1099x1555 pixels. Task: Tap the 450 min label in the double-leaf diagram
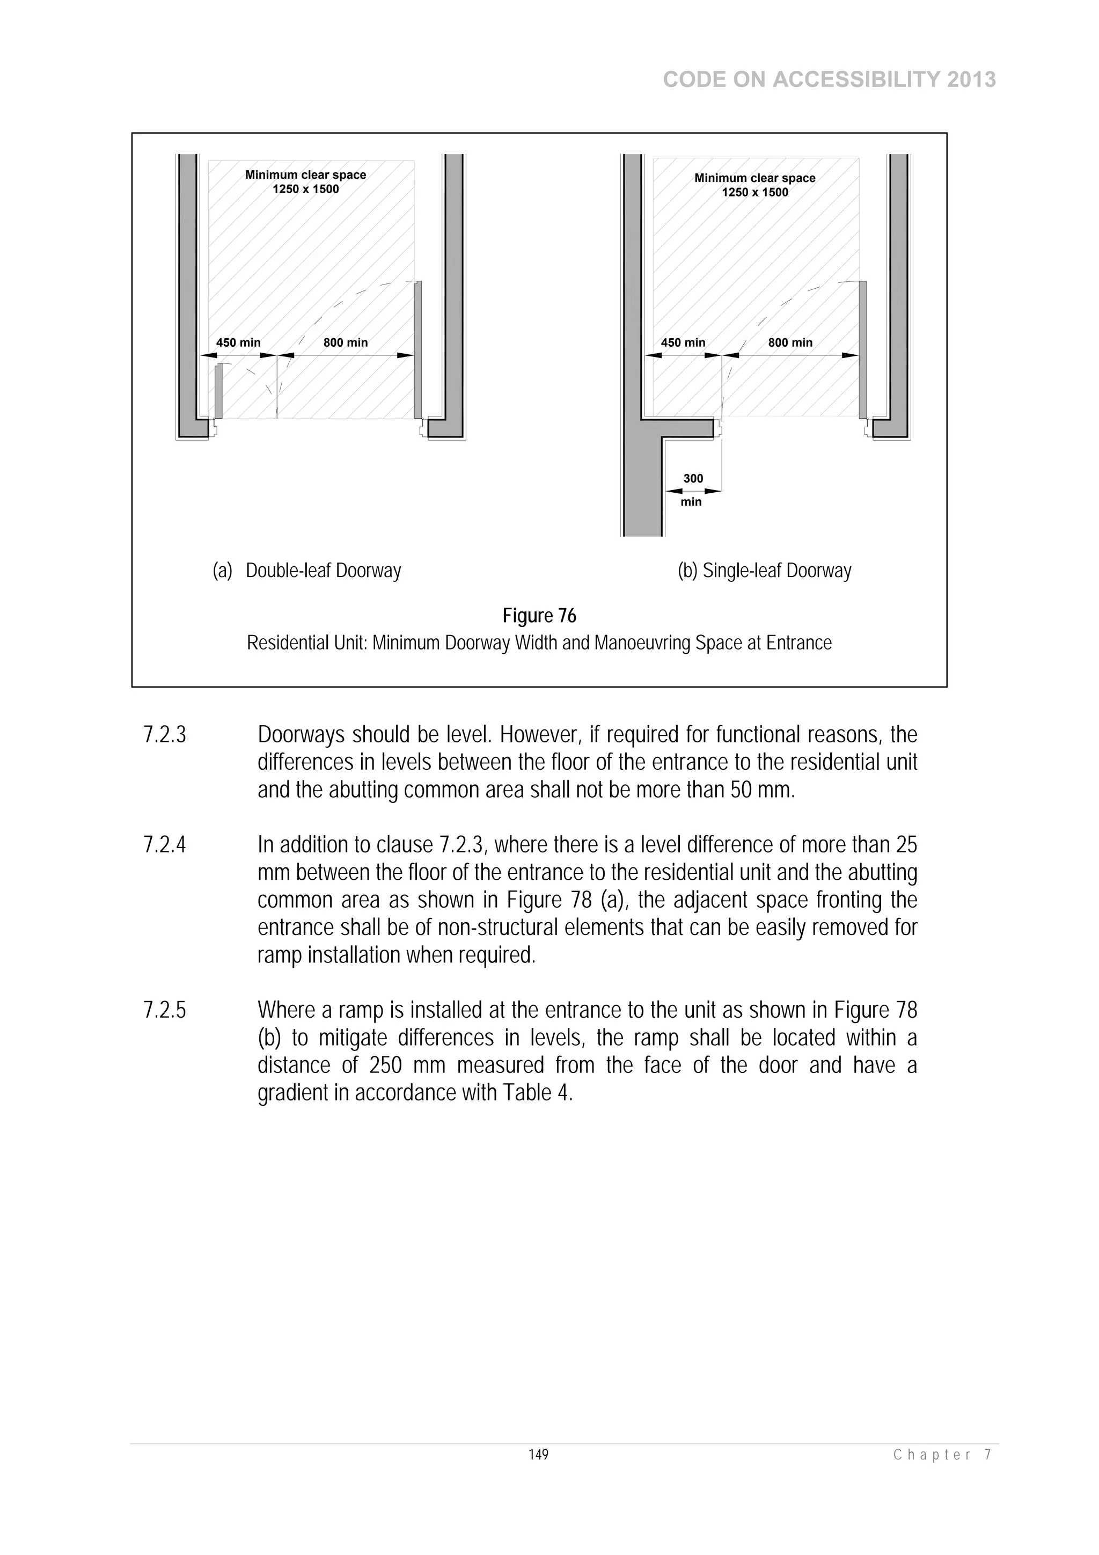pos(238,342)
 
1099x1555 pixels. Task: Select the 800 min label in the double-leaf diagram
pos(346,342)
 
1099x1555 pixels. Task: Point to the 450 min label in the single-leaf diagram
pos(683,342)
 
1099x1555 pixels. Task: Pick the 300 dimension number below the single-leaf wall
pos(693,478)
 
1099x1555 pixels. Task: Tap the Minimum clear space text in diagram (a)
pos(305,175)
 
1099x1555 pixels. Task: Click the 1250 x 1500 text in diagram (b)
pos(754,192)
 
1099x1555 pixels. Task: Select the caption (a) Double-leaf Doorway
pos(307,571)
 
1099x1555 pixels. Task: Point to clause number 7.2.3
pos(165,735)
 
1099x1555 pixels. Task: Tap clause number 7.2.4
pos(165,845)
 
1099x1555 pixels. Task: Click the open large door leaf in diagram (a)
pos(418,349)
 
